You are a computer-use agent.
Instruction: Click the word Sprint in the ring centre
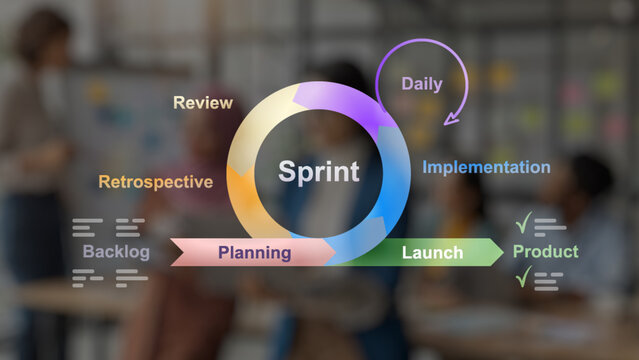(318, 171)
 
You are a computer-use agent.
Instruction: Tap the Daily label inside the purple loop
(422, 84)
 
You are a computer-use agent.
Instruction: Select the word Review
(203, 102)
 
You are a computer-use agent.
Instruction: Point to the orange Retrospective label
(155, 182)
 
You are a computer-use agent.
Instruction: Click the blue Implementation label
(486, 167)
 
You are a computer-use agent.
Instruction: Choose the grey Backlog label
(116, 252)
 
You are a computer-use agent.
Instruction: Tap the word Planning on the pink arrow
(255, 252)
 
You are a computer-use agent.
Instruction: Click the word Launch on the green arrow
(432, 252)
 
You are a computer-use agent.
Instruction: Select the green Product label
(545, 251)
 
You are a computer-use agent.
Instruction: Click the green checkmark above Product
(523, 223)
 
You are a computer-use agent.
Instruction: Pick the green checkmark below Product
(523, 278)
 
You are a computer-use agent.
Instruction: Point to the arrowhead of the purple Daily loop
(451, 118)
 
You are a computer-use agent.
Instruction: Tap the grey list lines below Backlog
(109, 278)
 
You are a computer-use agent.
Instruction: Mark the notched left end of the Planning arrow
(176, 252)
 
